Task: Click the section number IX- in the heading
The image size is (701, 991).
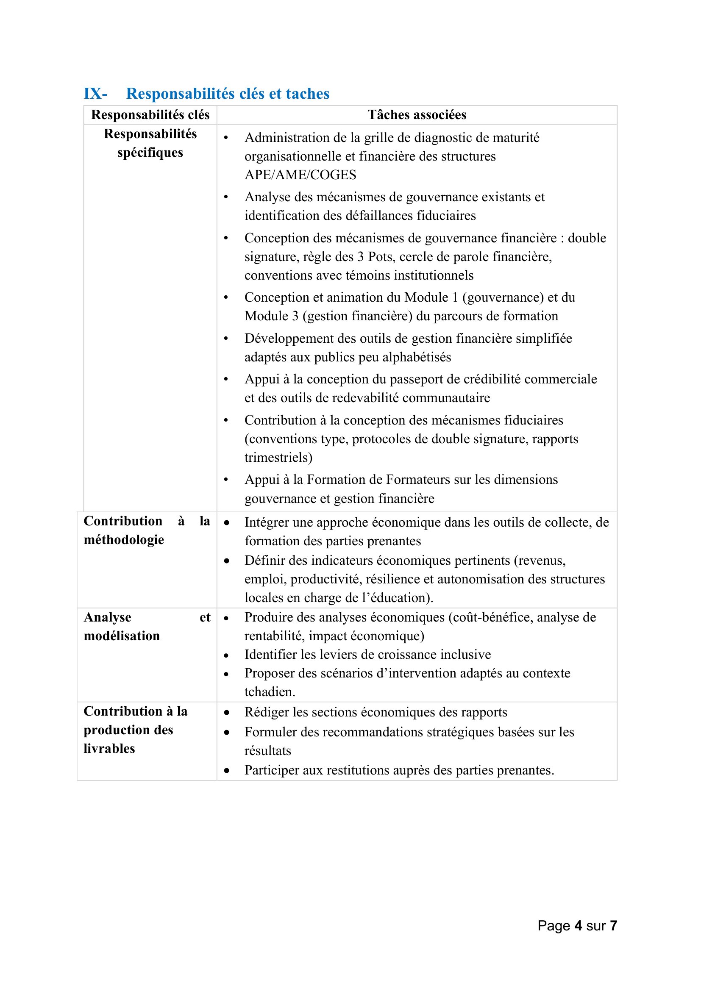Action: click(95, 94)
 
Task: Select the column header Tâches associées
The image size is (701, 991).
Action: click(417, 115)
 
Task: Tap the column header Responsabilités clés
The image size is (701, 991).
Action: click(150, 115)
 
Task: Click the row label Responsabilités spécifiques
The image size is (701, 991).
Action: click(150, 143)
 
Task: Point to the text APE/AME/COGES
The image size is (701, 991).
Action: click(300, 175)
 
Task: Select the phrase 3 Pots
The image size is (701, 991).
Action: click(376, 257)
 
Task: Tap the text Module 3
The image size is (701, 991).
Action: click(272, 316)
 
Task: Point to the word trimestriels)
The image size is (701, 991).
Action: click(278, 458)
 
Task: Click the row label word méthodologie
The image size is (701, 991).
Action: click(124, 540)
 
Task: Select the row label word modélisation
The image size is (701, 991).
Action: click(122, 636)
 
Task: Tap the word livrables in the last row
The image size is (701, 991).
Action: click(109, 749)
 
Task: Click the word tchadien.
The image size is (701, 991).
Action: click(270, 692)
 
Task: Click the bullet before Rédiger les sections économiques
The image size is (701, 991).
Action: click(227, 713)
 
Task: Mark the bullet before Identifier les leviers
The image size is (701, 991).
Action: click(227, 655)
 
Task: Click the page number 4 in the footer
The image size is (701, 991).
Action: click(578, 926)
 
